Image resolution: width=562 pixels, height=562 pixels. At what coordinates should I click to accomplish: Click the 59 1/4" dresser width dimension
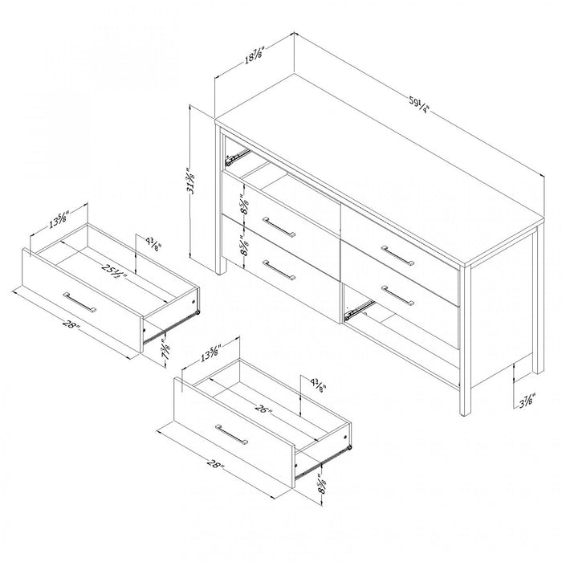(x=418, y=104)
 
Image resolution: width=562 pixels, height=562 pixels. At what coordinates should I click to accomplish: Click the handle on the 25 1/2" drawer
(x=80, y=302)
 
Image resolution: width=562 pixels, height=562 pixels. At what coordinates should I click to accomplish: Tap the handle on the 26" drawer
(x=232, y=434)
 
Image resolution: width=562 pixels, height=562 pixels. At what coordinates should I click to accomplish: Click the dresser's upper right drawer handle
(x=397, y=255)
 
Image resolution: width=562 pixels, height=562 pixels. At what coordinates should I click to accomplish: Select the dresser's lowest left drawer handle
(x=279, y=270)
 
